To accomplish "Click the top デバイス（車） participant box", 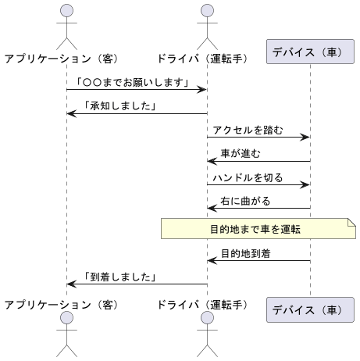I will [x=307, y=52].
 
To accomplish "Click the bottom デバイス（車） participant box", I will [x=307, y=309].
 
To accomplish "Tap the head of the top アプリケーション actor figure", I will [x=66, y=10].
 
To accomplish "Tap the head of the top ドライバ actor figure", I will [x=206, y=10].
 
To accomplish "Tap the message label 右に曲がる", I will [x=245, y=201].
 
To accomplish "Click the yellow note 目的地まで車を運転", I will [x=257, y=228].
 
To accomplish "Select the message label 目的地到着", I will [x=245, y=253].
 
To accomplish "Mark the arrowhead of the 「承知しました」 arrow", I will [x=71, y=114].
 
